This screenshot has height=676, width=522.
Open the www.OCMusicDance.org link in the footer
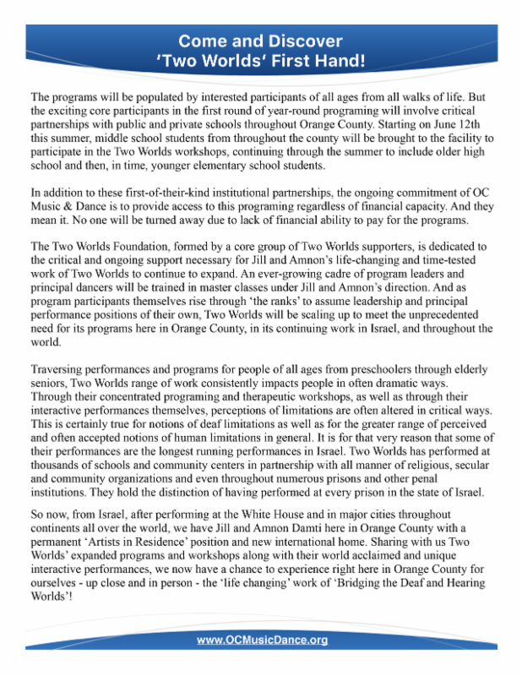[x=262, y=641]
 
